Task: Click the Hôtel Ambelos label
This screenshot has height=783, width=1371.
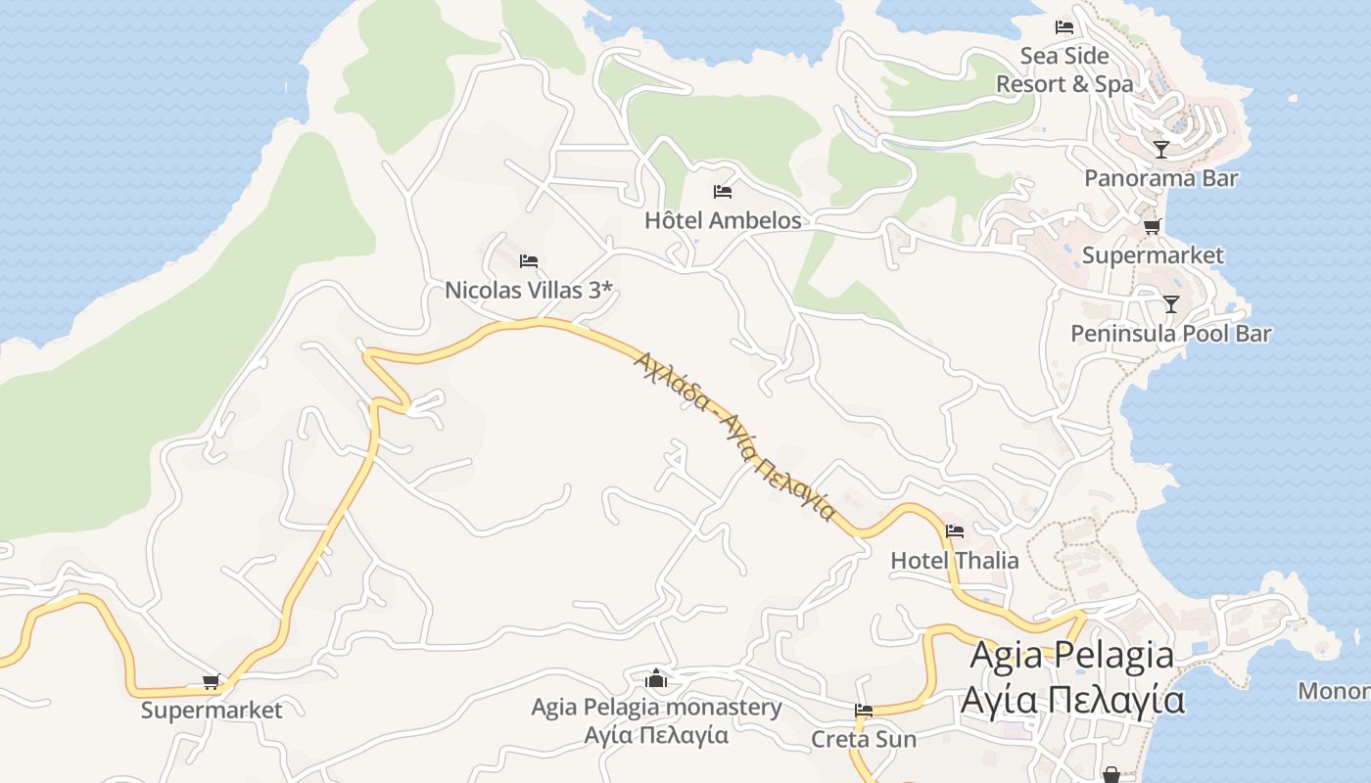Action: [723, 220]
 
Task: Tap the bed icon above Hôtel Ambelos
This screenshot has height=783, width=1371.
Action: [723, 191]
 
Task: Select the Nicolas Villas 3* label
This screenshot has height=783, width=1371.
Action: [529, 291]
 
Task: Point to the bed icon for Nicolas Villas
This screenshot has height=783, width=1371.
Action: [529, 261]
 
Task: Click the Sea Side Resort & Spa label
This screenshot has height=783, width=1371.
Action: [1064, 69]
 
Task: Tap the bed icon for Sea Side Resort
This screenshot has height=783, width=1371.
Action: [1064, 27]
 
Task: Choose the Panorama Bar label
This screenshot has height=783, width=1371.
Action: [1160, 178]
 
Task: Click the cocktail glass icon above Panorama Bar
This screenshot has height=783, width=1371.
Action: [1161, 150]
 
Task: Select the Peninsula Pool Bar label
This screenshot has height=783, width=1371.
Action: [1170, 334]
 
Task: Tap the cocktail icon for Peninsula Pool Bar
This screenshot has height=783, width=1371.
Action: [1170, 303]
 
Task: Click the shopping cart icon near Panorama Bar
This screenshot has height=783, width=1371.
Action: [1153, 227]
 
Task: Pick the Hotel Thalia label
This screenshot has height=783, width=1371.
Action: [955, 561]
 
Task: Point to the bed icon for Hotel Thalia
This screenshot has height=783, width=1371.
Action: [955, 531]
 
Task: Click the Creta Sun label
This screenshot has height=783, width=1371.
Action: [864, 739]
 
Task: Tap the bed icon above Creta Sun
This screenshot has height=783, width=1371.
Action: [864, 711]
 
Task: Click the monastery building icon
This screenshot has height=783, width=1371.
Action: [656, 678]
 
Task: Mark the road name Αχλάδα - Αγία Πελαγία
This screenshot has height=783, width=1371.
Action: [734, 436]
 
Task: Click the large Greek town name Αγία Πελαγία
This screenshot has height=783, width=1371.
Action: [1072, 701]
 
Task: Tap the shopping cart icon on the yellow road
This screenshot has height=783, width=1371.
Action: [211, 682]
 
